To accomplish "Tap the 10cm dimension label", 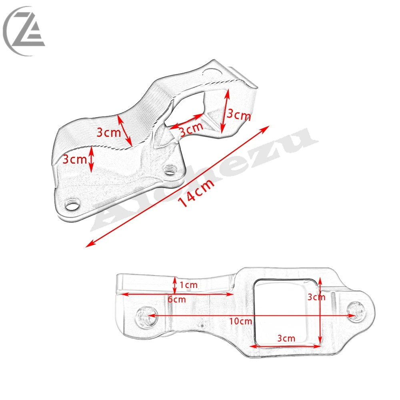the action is [240, 321].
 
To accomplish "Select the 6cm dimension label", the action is [176, 299].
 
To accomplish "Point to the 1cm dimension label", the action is [188, 285].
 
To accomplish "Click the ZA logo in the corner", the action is [24, 31].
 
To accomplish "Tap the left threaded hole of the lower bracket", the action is [147, 316].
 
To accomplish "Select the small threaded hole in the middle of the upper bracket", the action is [169, 170].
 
